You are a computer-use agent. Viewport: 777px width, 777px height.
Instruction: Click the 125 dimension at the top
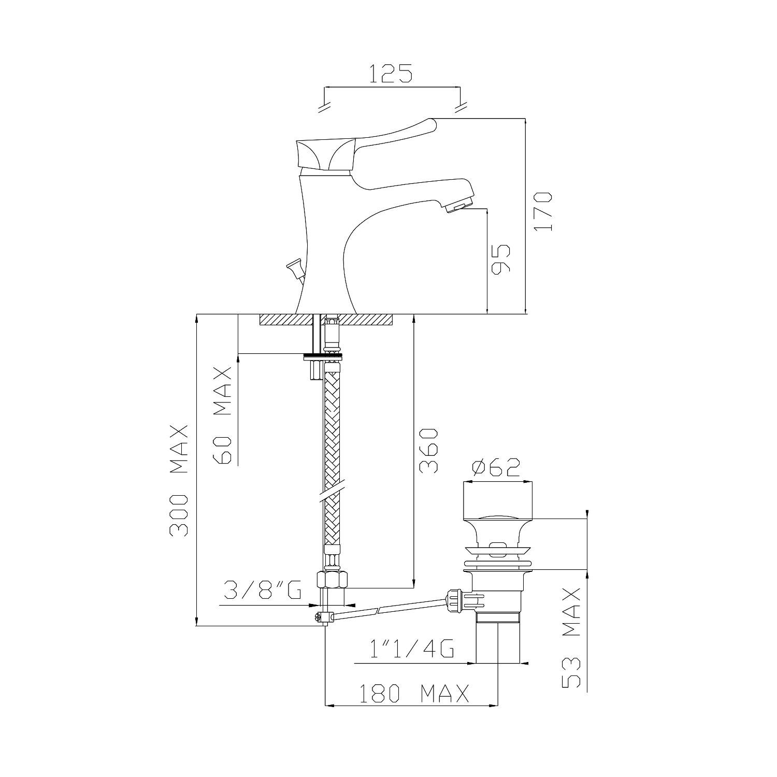click(391, 74)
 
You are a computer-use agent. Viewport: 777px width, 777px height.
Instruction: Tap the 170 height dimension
click(543, 211)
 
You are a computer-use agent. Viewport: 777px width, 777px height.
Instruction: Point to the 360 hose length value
click(428, 450)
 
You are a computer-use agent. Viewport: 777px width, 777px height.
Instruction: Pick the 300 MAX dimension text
click(179, 480)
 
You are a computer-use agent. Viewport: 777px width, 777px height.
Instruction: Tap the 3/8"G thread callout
click(263, 590)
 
